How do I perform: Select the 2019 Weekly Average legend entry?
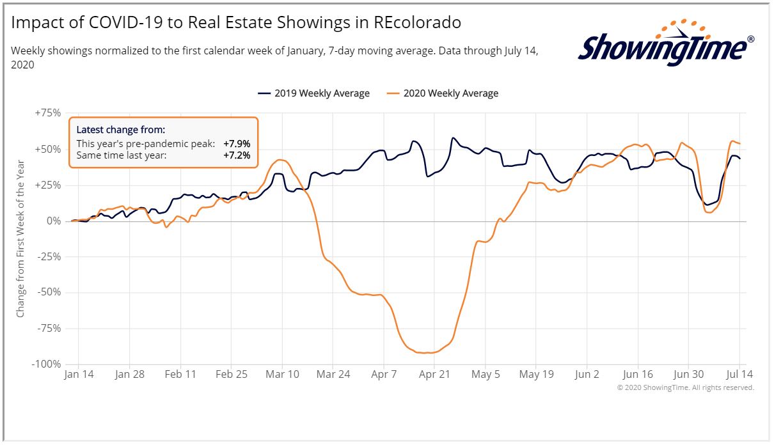[x=313, y=93]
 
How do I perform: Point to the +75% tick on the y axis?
[x=48, y=113]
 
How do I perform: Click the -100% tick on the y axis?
[x=47, y=364]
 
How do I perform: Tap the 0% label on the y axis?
[x=54, y=221]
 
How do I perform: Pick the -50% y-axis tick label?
[x=48, y=292]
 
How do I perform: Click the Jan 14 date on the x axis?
[x=79, y=375]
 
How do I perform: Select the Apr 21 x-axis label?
[x=434, y=375]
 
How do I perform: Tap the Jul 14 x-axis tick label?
[x=739, y=375]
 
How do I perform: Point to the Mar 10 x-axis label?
[x=282, y=375]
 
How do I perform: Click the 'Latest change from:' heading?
[x=121, y=130]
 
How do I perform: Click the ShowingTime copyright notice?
[x=685, y=387]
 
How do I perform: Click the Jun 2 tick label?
[x=587, y=375]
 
